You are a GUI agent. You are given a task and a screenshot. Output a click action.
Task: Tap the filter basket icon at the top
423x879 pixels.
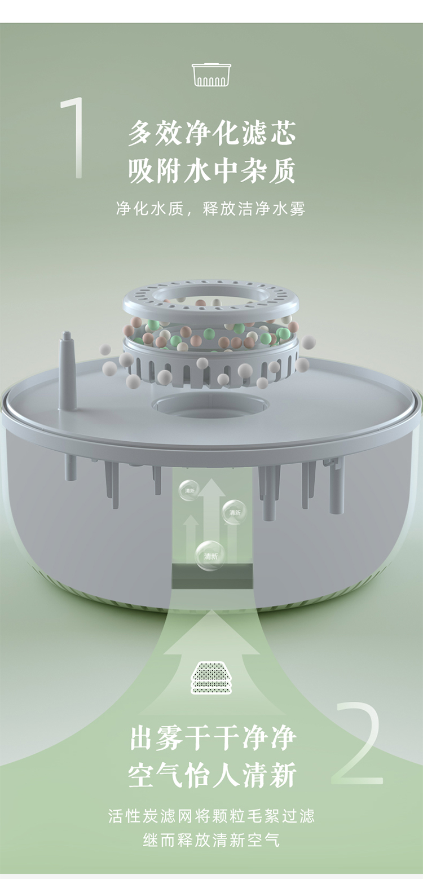(211, 74)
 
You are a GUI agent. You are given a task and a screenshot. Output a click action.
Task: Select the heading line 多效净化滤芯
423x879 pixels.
(212, 133)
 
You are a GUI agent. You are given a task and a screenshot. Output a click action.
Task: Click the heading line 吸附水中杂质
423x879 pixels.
(212, 171)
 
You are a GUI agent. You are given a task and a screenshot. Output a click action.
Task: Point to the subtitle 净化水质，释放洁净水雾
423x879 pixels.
(211, 208)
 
